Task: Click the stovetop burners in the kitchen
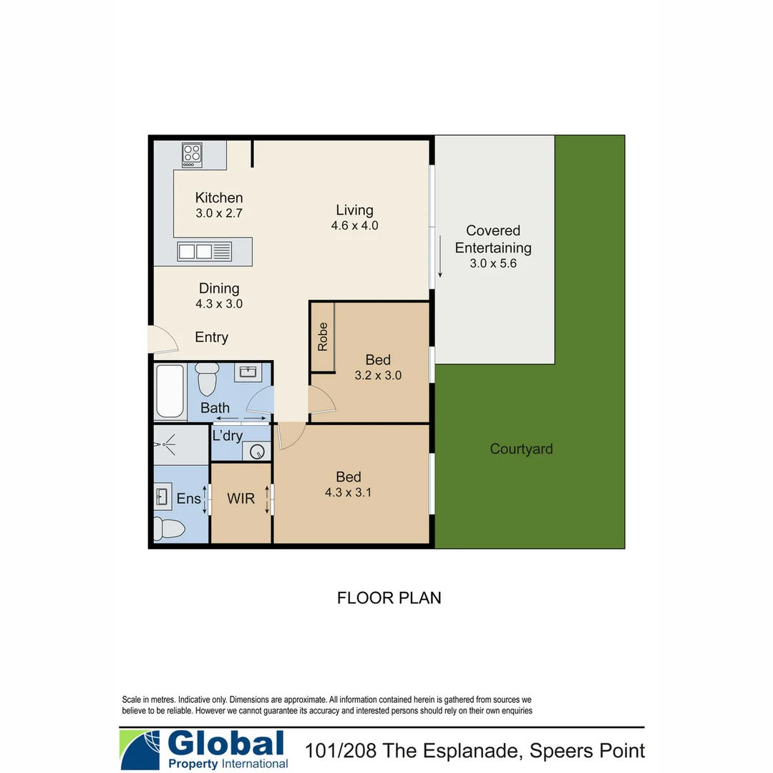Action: click(192, 155)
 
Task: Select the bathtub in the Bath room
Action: click(171, 391)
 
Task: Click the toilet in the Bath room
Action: click(207, 378)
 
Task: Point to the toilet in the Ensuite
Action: click(170, 529)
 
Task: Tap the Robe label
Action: click(323, 336)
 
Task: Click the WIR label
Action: click(240, 499)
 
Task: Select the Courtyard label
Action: click(521, 449)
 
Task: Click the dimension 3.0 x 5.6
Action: click(493, 263)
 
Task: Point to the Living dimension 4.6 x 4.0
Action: click(354, 226)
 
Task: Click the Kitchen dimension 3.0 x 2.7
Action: click(219, 213)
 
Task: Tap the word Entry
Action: click(211, 337)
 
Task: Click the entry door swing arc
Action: click(165, 340)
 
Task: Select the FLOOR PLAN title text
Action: click(389, 598)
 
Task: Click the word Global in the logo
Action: click(226, 744)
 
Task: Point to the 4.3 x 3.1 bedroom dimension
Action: click(349, 492)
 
